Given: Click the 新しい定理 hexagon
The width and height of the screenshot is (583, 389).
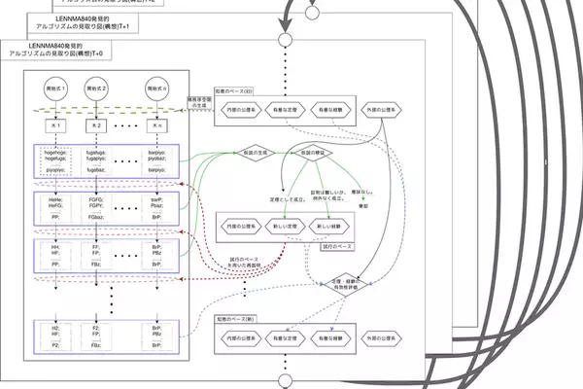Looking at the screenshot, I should coord(285,225).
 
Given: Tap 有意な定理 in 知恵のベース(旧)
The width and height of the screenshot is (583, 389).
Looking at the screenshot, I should coord(285,110).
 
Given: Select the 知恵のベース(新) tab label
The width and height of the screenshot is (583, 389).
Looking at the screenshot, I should coord(235,318).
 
